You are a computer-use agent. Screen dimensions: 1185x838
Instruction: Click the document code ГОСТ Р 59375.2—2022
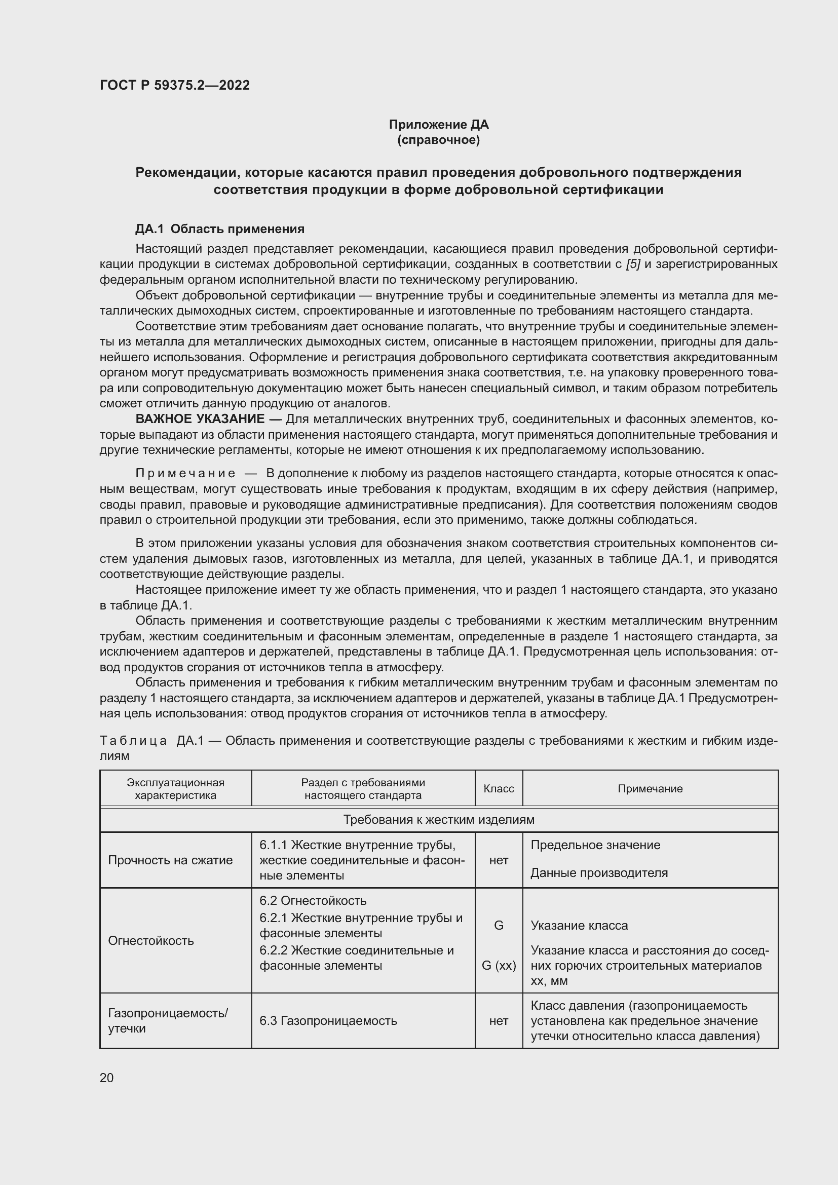174,85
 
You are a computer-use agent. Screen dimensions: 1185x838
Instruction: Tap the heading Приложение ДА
439,125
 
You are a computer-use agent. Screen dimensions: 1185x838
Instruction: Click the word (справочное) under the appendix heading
439,140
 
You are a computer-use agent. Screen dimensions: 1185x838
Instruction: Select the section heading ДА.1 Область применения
220,228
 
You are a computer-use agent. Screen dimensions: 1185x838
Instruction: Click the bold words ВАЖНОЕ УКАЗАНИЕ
200,418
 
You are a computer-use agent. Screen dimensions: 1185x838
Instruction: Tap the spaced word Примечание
185,473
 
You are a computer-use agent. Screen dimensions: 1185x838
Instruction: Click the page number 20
107,1078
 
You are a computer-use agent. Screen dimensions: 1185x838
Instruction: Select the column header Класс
499,789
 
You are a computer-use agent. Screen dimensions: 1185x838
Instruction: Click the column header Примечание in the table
650,789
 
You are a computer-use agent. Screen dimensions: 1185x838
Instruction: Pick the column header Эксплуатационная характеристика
175,789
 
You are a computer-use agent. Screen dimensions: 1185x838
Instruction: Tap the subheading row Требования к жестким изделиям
439,820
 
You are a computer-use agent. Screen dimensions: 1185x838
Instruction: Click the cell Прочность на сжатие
170,860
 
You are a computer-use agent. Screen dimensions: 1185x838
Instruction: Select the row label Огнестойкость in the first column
150,940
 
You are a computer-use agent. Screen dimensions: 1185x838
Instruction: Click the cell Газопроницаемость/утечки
168,1020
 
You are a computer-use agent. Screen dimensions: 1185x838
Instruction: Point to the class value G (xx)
499,965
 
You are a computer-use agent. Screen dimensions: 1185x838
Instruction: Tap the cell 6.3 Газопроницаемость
328,1020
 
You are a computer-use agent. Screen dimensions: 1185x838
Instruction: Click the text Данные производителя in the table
599,873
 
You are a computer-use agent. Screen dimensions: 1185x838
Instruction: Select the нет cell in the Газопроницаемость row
499,1020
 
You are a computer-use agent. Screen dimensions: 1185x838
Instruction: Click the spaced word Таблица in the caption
133,741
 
